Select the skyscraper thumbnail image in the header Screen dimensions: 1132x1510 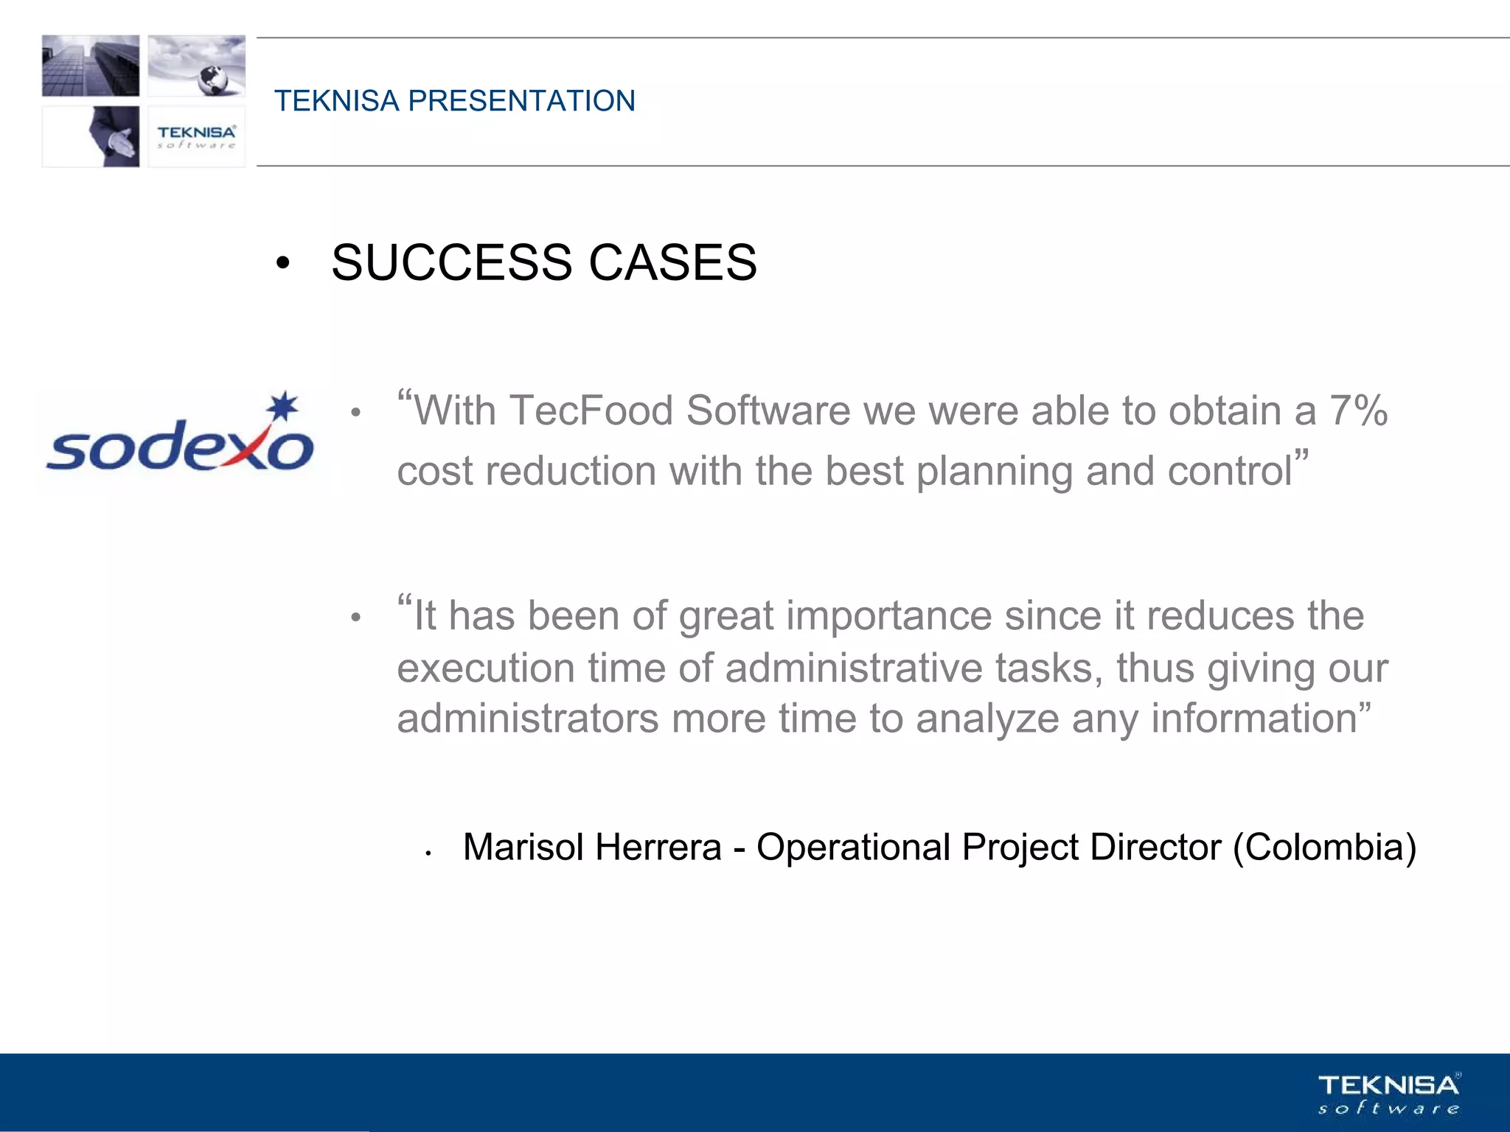coord(91,66)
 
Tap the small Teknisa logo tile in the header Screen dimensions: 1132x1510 coord(196,136)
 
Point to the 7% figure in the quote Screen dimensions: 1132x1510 coord(1358,410)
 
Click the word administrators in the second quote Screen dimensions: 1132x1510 coord(527,719)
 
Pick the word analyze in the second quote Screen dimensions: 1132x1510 coord(987,719)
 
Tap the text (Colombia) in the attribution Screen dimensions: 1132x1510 coord(1324,847)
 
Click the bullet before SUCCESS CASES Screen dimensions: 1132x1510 coord(282,264)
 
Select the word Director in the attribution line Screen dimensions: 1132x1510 coord(1155,847)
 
